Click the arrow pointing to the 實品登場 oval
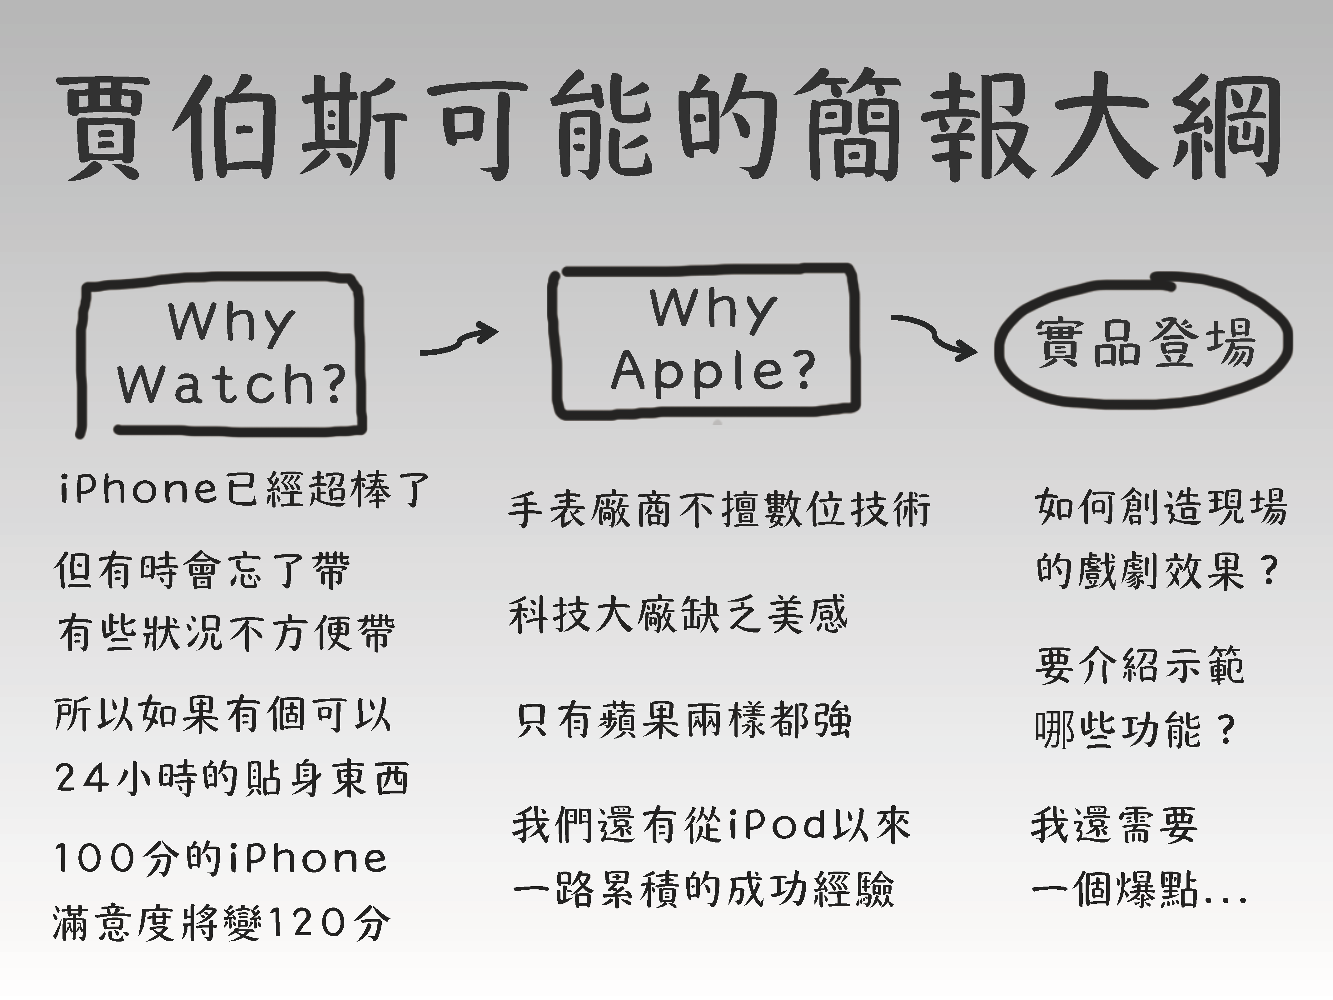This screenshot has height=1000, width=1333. (x=934, y=335)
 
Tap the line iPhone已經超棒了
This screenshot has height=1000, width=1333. (x=244, y=489)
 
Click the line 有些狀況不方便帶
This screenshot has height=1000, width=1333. (x=226, y=633)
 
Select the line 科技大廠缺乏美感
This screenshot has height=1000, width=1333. (x=678, y=615)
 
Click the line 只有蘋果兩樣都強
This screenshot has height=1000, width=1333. (x=684, y=720)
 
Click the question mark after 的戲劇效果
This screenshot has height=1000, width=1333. (x=1269, y=572)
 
